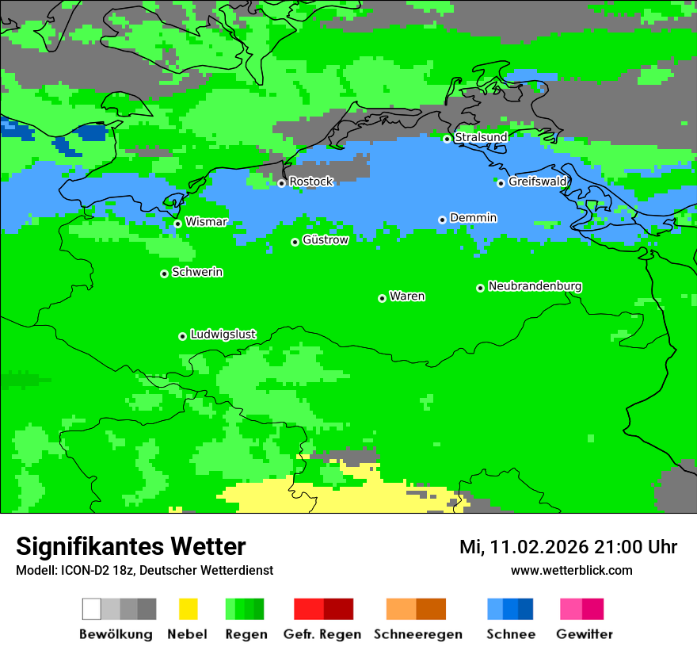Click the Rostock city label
coord(310,182)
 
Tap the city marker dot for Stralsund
coord(447,139)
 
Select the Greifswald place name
coord(538,182)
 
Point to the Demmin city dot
coord(442,220)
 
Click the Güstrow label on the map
coord(325,240)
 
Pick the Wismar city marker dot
coord(177,224)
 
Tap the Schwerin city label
coord(197,272)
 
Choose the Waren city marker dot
coord(382,298)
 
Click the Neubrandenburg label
coord(535,286)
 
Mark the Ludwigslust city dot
coord(182,336)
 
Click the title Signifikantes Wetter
coord(131,546)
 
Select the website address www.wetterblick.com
coord(571,570)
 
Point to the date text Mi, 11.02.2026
coord(522,547)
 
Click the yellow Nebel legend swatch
coord(188,609)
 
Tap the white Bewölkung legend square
coord(91,609)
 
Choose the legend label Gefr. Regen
coord(322,634)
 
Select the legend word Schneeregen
coord(418,634)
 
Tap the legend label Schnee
coord(510,634)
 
